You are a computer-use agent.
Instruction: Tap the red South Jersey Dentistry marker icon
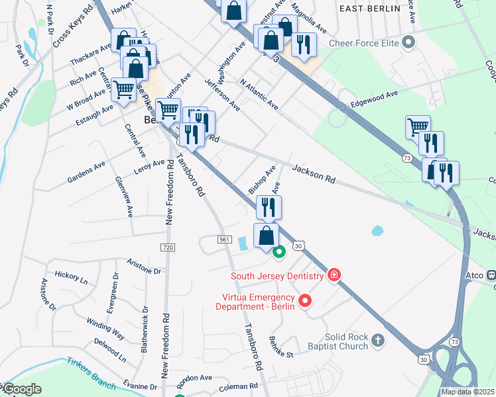[x=334, y=275]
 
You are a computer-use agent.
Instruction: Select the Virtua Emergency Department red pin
[x=305, y=301]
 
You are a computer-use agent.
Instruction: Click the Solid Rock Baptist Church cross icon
[x=377, y=341]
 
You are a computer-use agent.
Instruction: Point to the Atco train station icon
[x=491, y=275]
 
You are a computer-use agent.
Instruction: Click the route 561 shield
[x=223, y=239]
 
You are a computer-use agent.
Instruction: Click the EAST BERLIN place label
[x=369, y=9]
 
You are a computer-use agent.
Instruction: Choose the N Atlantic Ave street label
[x=259, y=94]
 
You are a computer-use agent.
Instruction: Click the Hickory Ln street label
[x=71, y=277]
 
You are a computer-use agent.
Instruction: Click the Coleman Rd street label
[x=238, y=386]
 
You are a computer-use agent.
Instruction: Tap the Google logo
[x=22, y=389]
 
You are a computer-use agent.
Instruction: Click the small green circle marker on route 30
[x=279, y=251]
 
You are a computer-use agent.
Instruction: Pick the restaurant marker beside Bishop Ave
[x=269, y=207]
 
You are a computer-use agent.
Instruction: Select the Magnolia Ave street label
[x=309, y=22]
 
